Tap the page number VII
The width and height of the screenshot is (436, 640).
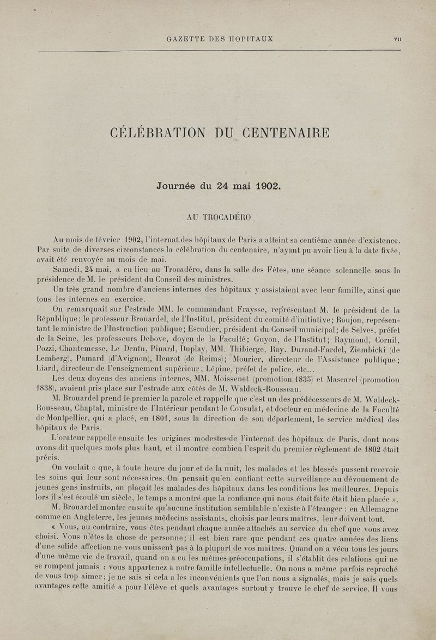coord(397,39)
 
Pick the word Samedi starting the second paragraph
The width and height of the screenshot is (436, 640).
coord(67,270)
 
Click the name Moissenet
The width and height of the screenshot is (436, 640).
coord(214,382)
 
